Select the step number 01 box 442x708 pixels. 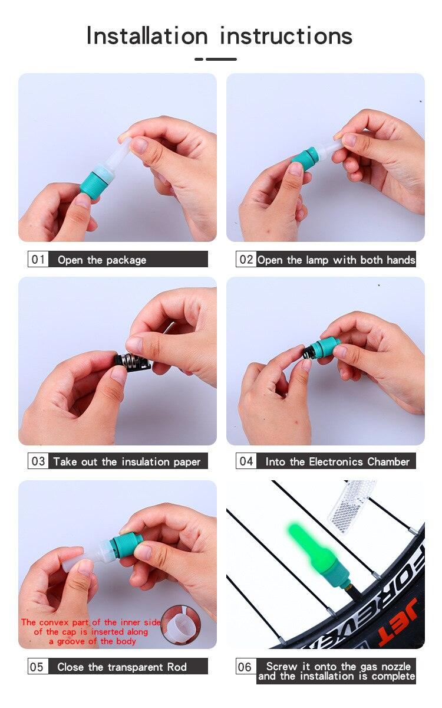[x=38, y=260]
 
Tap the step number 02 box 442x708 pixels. [x=246, y=260]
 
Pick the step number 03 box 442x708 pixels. [x=38, y=461]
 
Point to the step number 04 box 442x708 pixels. [x=246, y=461]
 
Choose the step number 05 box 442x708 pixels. [x=37, y=667]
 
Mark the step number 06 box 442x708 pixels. [x=245, y=667]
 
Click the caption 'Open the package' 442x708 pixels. [x=102, y=260]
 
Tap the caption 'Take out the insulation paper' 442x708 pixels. [x=127, y=462]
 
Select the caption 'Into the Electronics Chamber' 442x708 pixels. [x=337, y=462]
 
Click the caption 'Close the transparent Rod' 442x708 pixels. [x=122, y=667]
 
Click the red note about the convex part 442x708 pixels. [x=91, y=631]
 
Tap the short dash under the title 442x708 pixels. [x=199, y=59]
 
